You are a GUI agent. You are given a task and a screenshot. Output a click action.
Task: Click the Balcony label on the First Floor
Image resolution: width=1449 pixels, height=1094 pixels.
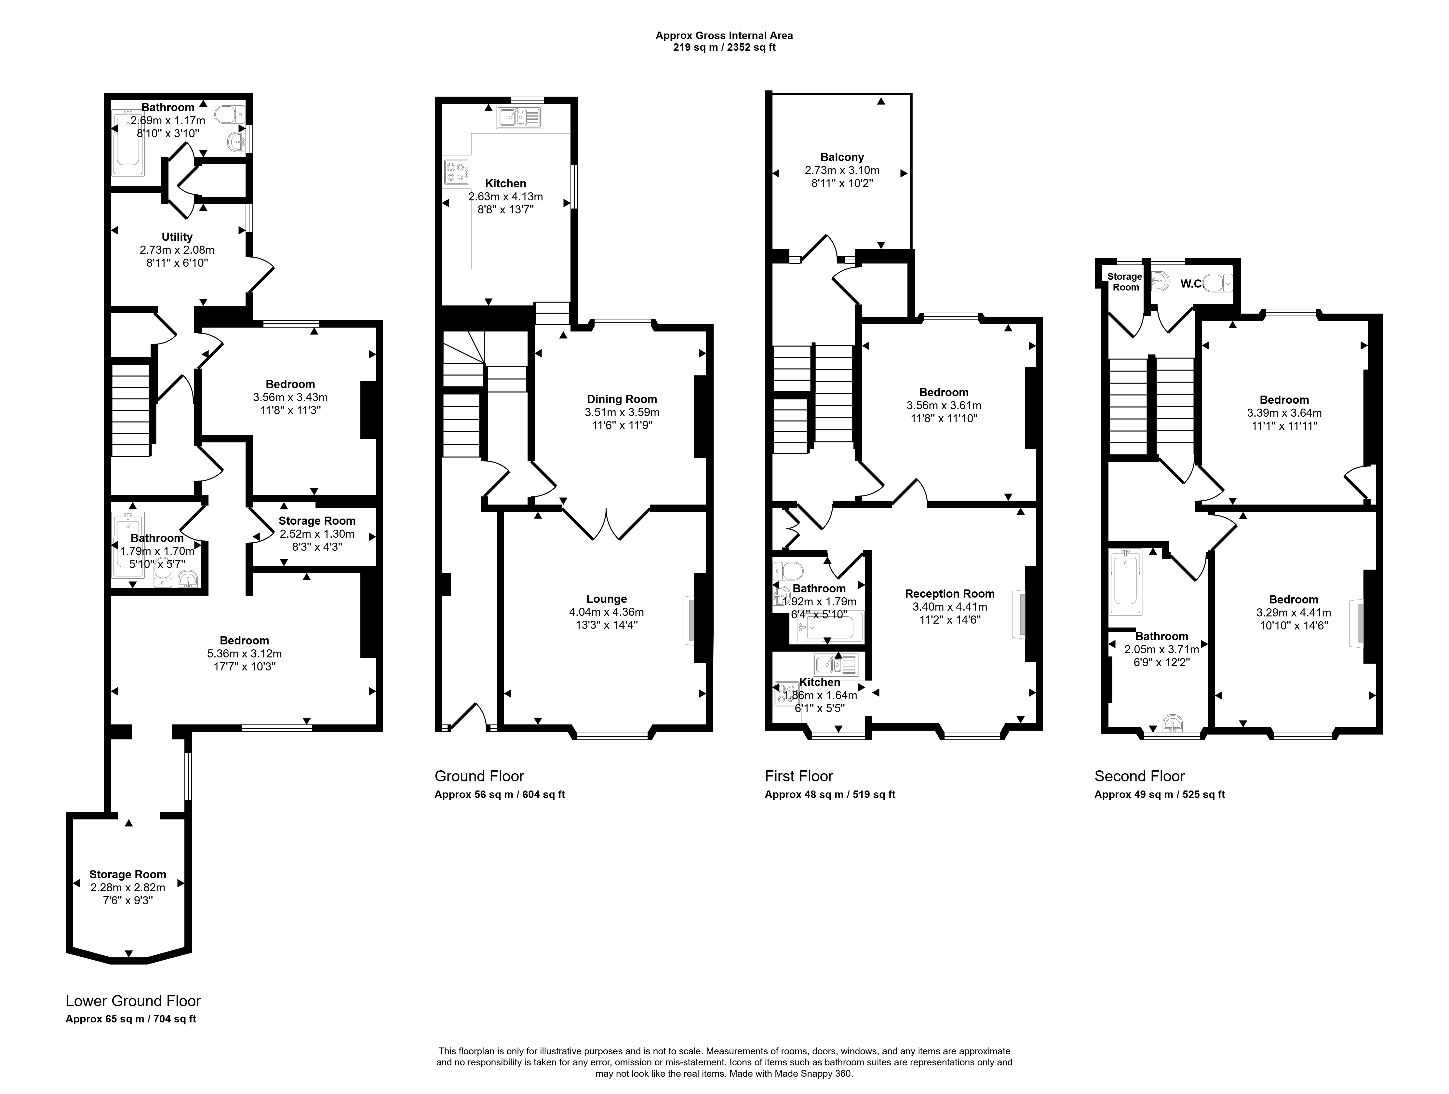pos(842,157)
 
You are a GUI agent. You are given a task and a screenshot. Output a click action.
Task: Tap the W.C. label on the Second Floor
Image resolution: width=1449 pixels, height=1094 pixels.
pos(1192,284)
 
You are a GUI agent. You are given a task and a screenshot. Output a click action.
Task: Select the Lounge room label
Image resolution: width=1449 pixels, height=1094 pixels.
pos(607,599)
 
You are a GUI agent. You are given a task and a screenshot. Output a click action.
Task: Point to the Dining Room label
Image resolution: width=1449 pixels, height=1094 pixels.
pos(622,399)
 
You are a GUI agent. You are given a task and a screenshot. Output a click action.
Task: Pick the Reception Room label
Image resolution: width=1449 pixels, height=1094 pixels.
pos(950,593)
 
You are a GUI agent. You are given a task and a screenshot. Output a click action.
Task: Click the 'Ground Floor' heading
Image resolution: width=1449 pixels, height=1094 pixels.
pos(479,776)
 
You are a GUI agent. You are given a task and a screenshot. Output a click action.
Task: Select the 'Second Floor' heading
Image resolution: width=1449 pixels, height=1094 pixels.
pos(1140,776)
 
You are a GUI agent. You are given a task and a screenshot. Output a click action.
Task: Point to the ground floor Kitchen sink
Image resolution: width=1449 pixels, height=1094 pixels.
pos(519,117)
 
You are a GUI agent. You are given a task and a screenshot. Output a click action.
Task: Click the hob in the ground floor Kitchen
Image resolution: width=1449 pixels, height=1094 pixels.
pos(457,172)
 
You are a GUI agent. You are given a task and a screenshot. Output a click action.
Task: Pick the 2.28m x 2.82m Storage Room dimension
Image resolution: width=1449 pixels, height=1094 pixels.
pos(128,888)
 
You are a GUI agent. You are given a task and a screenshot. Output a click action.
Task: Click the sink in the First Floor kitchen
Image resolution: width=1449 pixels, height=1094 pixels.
pos(836,666)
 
